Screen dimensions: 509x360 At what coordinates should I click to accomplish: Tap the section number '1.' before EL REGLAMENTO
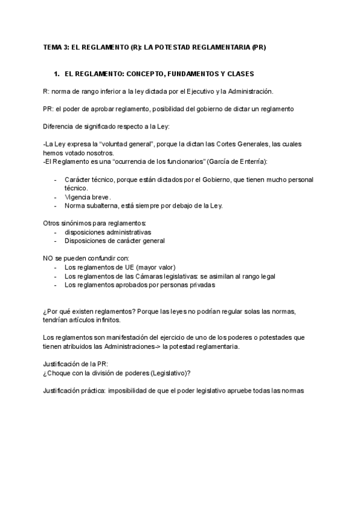[x=57, y=74]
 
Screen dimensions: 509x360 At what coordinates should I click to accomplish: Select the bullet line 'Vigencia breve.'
[x=88, y=197]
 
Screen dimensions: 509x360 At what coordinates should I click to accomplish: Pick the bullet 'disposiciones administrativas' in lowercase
[x=108, y=232]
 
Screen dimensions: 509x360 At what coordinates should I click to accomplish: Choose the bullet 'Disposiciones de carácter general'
[x=115, y=241]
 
